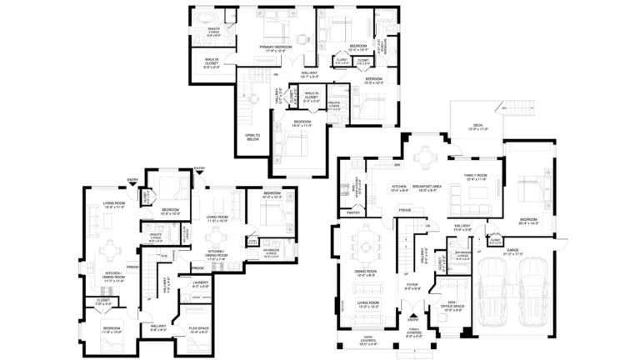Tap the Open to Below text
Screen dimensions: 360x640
(x=252, y=137)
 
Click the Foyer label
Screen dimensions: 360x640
(x=412, y=287)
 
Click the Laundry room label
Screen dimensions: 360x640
(x=200, y=284)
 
